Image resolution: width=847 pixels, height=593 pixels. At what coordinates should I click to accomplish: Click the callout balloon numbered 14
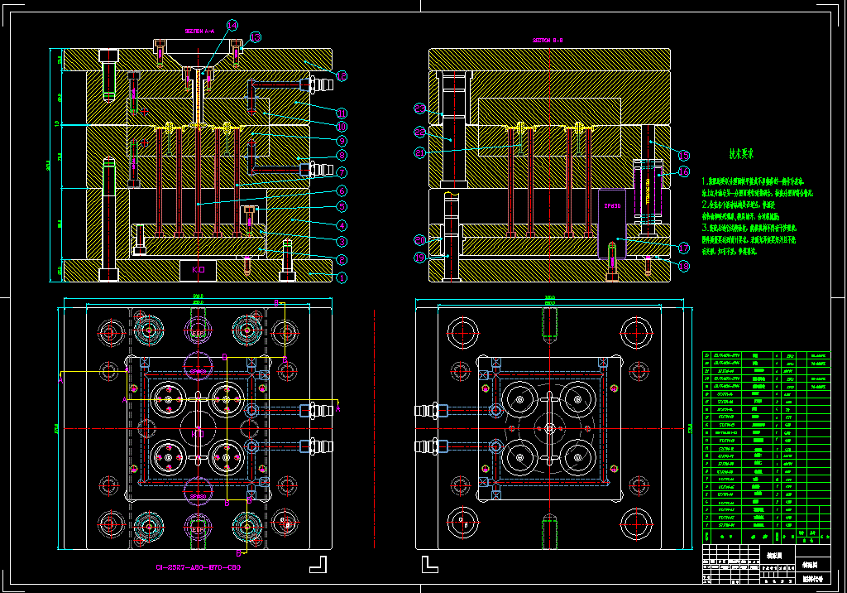(x=232, y=25)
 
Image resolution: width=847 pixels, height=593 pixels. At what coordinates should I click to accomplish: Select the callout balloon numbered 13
(x=256, y=36)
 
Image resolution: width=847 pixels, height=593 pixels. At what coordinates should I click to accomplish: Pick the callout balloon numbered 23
(x=419, y=108)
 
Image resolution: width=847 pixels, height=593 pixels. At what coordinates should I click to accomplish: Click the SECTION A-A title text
(x=199, y=31)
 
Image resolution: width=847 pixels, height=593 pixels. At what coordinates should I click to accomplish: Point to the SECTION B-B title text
(x=548, y=40)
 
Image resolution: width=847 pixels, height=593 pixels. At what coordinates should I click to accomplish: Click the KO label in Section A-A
(x=199, y=270)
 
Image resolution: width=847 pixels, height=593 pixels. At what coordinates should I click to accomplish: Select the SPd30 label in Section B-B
(x=611, y=205)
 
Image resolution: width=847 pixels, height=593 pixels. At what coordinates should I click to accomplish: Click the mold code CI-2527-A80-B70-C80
(x=197, y=568)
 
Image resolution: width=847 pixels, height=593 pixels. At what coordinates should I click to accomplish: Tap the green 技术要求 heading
(x=739, y=154)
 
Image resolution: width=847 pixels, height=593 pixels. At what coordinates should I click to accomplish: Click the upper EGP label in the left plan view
(x=199, y=334)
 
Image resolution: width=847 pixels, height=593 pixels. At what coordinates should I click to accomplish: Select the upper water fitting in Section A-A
(x=319, y=83)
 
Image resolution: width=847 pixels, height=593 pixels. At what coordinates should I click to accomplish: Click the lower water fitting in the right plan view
(x=430, y=447)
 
